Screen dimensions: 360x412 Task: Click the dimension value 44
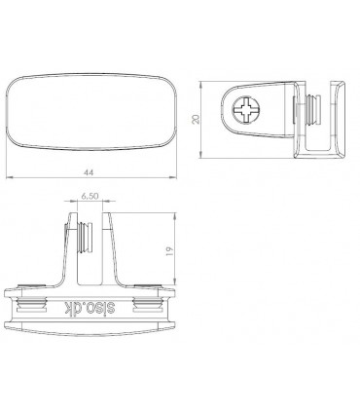89,172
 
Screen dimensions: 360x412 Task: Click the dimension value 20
196,119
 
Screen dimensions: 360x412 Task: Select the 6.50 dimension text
90,196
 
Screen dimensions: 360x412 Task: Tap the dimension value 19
169,251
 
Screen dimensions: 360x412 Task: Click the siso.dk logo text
90,308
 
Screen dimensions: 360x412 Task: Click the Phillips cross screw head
245,109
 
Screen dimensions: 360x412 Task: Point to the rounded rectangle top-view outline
91,75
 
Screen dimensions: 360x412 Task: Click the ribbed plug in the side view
313,109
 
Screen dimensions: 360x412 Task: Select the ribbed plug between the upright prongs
87,237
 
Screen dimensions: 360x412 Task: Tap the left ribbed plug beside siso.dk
31,304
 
